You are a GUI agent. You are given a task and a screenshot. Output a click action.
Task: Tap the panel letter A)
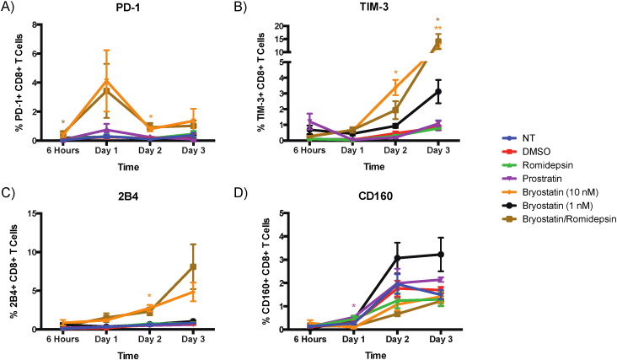coord(11,8)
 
